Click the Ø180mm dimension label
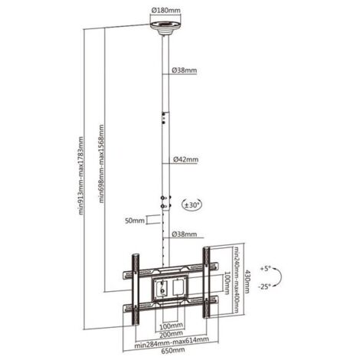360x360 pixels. coord(166,11)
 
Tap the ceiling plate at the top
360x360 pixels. coord(166,28)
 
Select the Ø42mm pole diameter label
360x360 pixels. coord(185,159)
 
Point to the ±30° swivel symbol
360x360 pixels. coord(191,205)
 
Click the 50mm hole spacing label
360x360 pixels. coord(135,221)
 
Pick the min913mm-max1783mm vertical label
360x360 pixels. coord(80,177)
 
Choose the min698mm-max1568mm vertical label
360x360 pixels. coord(102,164)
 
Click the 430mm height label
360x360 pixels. coord(247,282)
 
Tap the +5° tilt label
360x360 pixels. coord(265,269)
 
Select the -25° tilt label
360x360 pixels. coord(264,286)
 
